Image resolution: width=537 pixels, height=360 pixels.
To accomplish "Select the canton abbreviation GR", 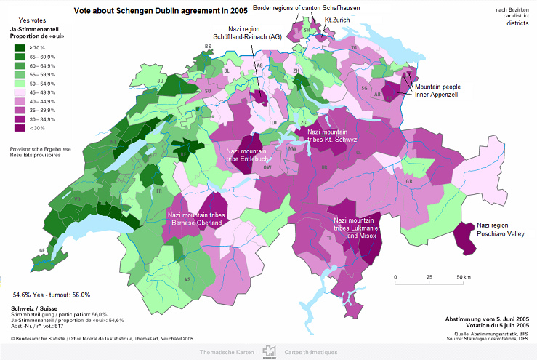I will [409, 180].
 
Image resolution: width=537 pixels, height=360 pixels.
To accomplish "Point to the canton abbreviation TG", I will [355, 48].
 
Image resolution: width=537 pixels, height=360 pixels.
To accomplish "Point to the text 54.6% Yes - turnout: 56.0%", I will [51, 295].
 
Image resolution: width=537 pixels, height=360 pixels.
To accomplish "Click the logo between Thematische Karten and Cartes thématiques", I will [270, 351].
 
